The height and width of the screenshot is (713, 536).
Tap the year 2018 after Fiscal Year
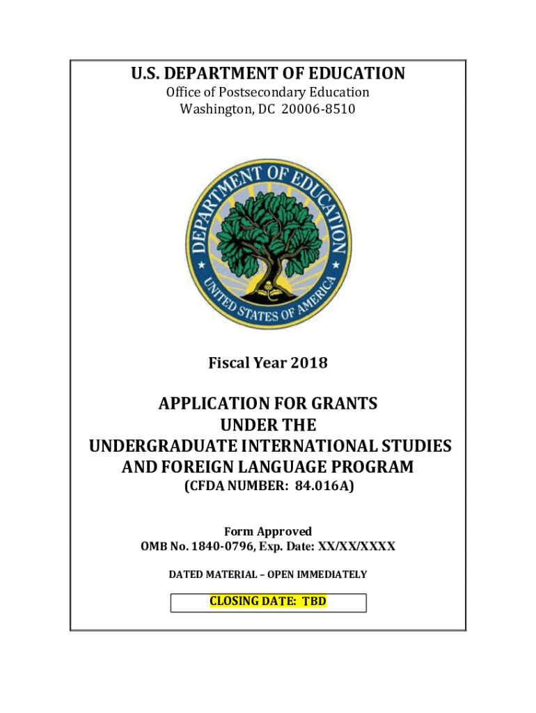[x=309, y=363]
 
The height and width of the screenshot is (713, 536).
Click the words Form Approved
[x=268, y=531]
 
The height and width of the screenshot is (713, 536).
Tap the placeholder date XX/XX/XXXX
[x=356, y=547]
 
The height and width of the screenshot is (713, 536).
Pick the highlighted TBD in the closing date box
[x=313, y=601]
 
